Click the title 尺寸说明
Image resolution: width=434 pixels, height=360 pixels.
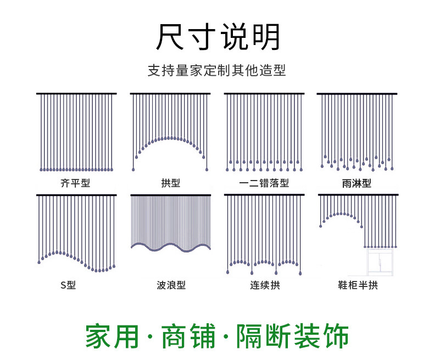point(218,37)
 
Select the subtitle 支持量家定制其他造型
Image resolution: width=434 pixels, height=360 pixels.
point(216,70)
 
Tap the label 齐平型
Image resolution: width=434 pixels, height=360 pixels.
point(75,183)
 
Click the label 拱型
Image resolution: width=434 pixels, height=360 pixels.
point(170,183)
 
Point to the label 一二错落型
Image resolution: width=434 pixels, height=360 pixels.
point(264,183)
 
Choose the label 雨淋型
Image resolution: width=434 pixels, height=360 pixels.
point(357,183)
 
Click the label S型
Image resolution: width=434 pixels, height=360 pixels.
point(68,285)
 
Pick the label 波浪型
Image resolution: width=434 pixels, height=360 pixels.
point(171,285)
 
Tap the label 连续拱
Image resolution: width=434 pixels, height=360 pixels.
point(265,285)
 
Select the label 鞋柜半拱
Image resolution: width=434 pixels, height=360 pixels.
point(358,285)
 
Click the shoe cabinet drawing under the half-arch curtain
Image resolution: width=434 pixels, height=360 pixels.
point(380,262)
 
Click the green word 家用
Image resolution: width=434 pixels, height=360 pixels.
point(112,336)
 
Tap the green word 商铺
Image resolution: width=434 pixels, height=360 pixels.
point(188,336)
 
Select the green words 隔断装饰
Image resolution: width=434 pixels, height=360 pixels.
point(292,336)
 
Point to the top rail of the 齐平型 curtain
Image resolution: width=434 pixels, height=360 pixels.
point(76,94)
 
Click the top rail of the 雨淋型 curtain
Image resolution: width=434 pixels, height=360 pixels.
point(357,94)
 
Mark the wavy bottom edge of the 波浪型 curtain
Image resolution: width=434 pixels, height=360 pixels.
point(171,247)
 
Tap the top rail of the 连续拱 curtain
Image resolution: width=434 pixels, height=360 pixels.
point(264,195)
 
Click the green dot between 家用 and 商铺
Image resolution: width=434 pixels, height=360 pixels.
point(150,337)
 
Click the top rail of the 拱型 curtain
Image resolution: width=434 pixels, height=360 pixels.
point(170,94)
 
